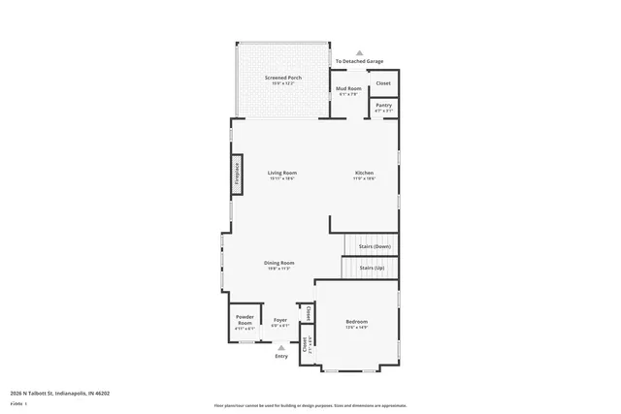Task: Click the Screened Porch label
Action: click(x=282, y=78)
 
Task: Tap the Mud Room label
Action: click(x=348, y=88)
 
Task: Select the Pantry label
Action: click(x=384, y=105)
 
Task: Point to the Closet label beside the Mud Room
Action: click(x=384, y=83)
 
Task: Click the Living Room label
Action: click(x=281, y=173)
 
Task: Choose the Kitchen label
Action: click(x=363, y=173)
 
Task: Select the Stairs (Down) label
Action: click(x=375, y=246)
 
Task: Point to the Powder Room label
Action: click(x=245, y=321)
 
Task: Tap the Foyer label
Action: click(x=279, y=319)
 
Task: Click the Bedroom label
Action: click(x=357, y=321)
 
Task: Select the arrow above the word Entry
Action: click(x=281, y=347)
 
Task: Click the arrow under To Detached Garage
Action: click(x=360, y=53)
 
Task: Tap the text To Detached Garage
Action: click(x=359, y=61)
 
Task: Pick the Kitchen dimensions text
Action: click(x=363, y=179)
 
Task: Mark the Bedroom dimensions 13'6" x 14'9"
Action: click(x=357, y=328)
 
